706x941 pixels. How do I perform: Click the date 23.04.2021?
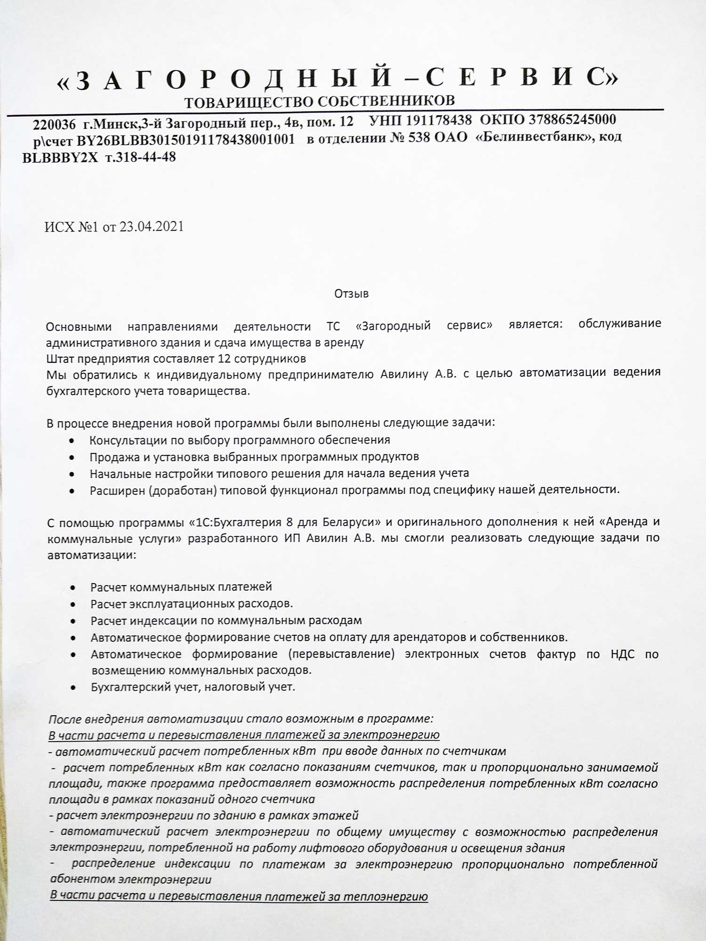151,227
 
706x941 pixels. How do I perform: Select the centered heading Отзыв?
351,294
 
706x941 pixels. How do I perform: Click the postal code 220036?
54,125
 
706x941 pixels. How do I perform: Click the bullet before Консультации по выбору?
71,441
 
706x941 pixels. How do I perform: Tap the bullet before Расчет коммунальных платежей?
72,588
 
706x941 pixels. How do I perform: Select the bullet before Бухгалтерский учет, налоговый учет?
72,687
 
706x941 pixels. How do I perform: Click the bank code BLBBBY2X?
60,158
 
